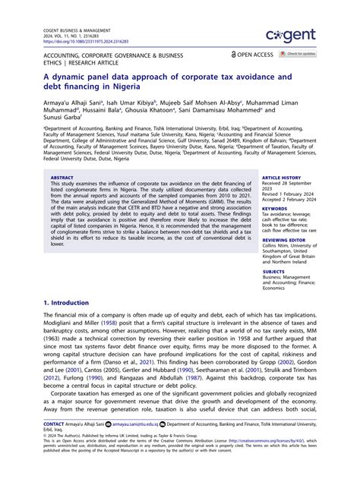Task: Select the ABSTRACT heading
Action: pos(62,177)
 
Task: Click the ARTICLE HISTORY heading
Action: pos(282,177)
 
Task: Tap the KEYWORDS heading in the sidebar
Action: pos(275,208)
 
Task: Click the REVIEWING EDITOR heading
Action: pos(284,239)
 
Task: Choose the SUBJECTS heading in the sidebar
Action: pos(274,271)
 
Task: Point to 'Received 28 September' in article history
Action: pos(289,183)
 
